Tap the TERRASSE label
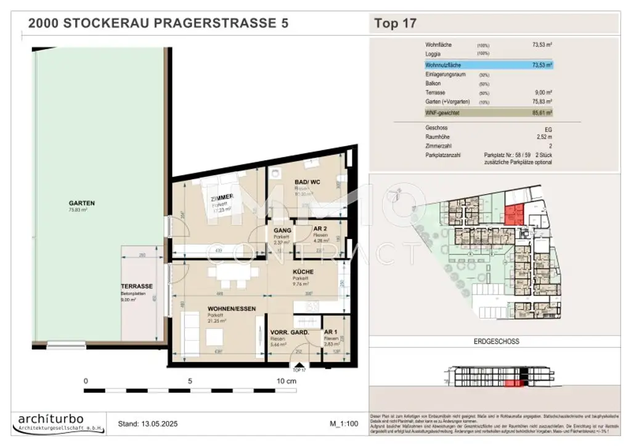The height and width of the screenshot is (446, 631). pyautogui.click(x=137, y=286)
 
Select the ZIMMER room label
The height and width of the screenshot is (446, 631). pyautogui.click(x=221, y=197)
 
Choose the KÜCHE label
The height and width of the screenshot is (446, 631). pyautogui.click(x=303, y=272)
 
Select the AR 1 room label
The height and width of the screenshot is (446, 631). pyautogui.click(x=331, y=332)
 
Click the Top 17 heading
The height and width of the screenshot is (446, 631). pyautogui.click(x=396, y=23)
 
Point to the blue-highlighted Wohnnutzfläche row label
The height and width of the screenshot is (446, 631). pyautogui.click(x=443, y=64)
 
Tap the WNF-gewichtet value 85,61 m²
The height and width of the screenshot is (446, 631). pyautogui.click(x=542, y=113)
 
